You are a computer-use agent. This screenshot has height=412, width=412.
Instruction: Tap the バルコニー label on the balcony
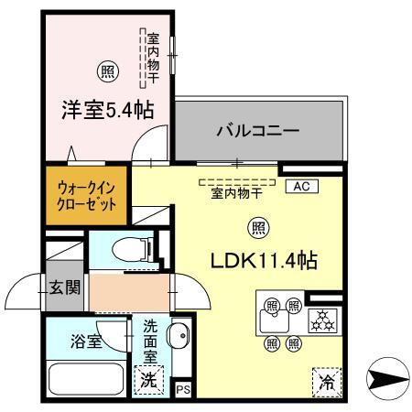[x=257, y=131]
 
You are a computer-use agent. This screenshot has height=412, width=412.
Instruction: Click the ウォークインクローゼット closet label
[x=87, y=197]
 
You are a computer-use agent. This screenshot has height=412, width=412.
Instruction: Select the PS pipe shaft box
[x=182, y=389]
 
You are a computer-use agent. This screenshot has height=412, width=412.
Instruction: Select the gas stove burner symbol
[x=323, y=320]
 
